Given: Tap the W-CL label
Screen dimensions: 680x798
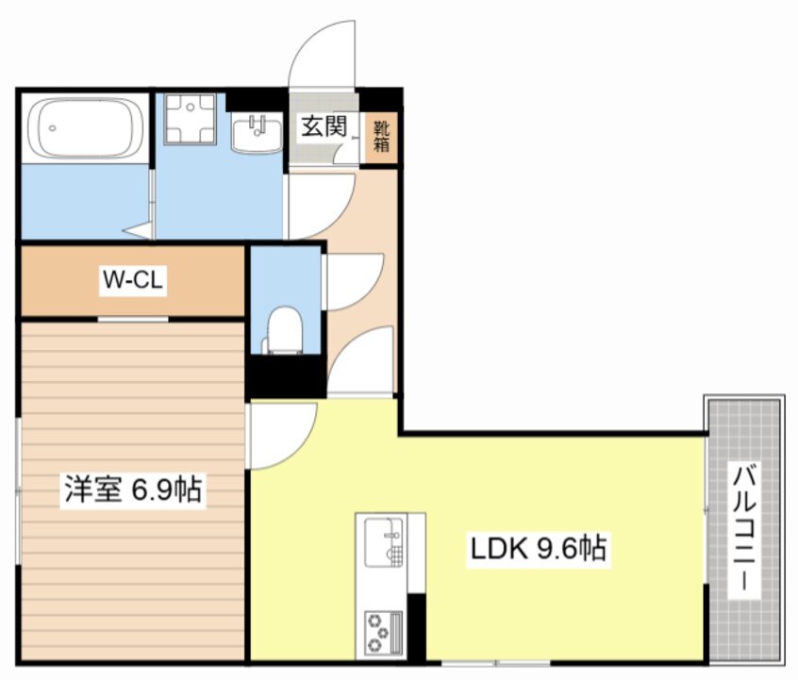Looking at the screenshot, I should tap(134, 280).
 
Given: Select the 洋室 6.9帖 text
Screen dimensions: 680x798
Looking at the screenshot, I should tap(133, 490).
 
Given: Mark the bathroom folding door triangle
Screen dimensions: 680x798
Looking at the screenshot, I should tap(142, 229).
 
